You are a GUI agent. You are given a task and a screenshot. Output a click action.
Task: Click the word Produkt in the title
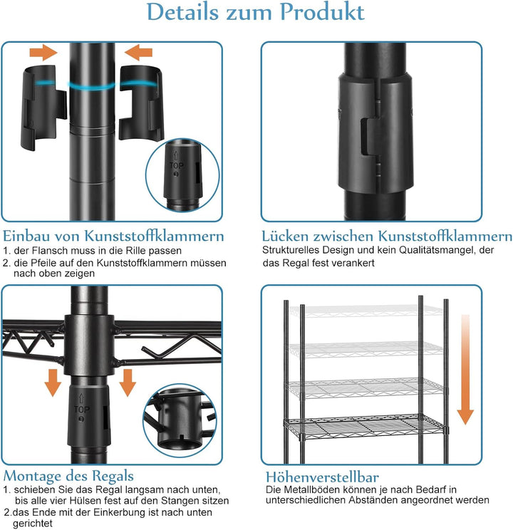pyautogui.click(x=322, y=12)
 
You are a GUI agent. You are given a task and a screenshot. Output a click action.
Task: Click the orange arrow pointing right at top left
pyautogui.click(x=43, y=53)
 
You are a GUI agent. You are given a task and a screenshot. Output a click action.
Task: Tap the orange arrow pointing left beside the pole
pyautogui.click(x=138, y=53)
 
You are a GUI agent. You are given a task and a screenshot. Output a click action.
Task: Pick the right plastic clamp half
pyautogui.click(x=141, y=103)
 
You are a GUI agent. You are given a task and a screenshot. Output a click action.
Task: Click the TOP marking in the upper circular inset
pyautogui.click(x=176, y=165)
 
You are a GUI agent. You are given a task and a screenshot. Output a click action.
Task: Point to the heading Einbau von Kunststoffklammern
pyautogui.click(x=113, y=236)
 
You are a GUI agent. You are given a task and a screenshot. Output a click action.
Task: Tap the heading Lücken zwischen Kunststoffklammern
pyautogui.click(x=387, y=236)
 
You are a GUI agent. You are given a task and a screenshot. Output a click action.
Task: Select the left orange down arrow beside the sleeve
pyautogui.click(x=53, y=383)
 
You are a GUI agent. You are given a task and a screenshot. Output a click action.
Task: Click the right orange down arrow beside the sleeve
pyautogui.click(x=128, y=383)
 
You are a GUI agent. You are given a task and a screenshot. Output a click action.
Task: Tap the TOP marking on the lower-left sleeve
pyautogui.click(x=82, y=410)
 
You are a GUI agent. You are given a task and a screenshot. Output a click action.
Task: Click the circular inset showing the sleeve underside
pyautogui.click(x=180, y=420)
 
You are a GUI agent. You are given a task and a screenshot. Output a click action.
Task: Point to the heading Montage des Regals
pyautogui.click(x=68, y=476)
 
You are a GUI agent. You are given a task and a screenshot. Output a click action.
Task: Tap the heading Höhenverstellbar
pyautogui.click(x=322, y=477)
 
